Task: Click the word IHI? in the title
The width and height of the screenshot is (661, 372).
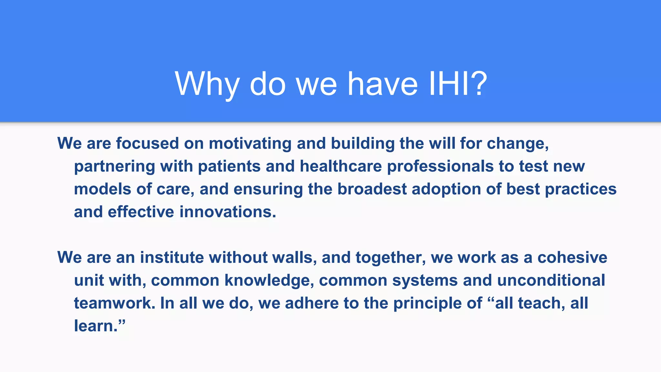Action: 458,84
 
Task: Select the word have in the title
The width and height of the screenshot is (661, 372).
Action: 382,84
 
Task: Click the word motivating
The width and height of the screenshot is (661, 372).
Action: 250,143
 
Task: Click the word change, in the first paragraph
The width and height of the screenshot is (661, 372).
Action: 518,143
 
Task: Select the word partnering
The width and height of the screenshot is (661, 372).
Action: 115,167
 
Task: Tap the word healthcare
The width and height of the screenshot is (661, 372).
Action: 341,166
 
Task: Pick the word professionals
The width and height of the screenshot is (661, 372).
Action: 440,166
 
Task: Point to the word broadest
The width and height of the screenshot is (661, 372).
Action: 372,189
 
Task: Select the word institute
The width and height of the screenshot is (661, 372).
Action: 172,258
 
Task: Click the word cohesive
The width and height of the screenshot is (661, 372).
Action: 572,258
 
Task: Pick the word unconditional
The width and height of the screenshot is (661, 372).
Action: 551,280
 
